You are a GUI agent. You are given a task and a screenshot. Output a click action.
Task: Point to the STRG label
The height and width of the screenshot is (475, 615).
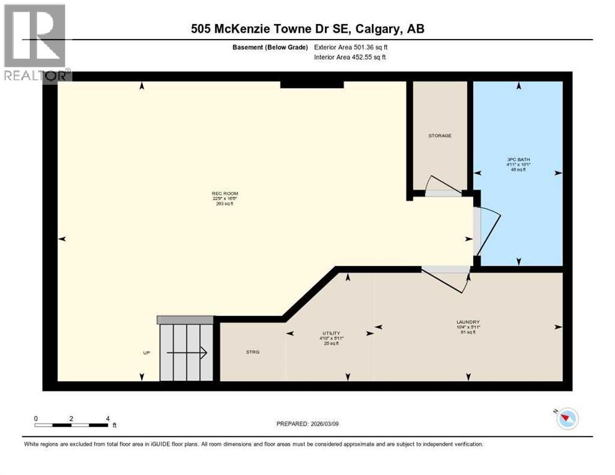pos(252,351)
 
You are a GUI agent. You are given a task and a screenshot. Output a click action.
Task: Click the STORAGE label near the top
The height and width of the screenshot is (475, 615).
pos(440,135)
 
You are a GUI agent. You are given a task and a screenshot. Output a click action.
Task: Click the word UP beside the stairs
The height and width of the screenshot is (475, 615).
pos(147,353)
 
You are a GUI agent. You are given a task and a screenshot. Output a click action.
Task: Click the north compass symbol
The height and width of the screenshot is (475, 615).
pos(567,419)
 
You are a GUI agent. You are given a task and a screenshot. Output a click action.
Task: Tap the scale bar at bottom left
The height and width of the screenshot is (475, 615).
pos(71,425)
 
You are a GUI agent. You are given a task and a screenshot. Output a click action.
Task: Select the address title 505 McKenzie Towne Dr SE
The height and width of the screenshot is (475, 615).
pos(307,28)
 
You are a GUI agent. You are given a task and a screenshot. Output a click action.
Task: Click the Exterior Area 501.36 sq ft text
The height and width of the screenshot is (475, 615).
pos(351,47)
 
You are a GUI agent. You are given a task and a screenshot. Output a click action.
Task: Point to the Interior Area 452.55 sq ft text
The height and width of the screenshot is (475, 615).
pos(351,58)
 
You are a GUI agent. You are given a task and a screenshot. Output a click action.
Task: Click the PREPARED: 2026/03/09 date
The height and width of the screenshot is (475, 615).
pos(307,424)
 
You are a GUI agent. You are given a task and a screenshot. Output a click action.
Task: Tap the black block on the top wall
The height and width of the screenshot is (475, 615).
pos(311,84)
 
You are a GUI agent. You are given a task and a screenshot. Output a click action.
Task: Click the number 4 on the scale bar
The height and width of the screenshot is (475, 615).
pos(108,419)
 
